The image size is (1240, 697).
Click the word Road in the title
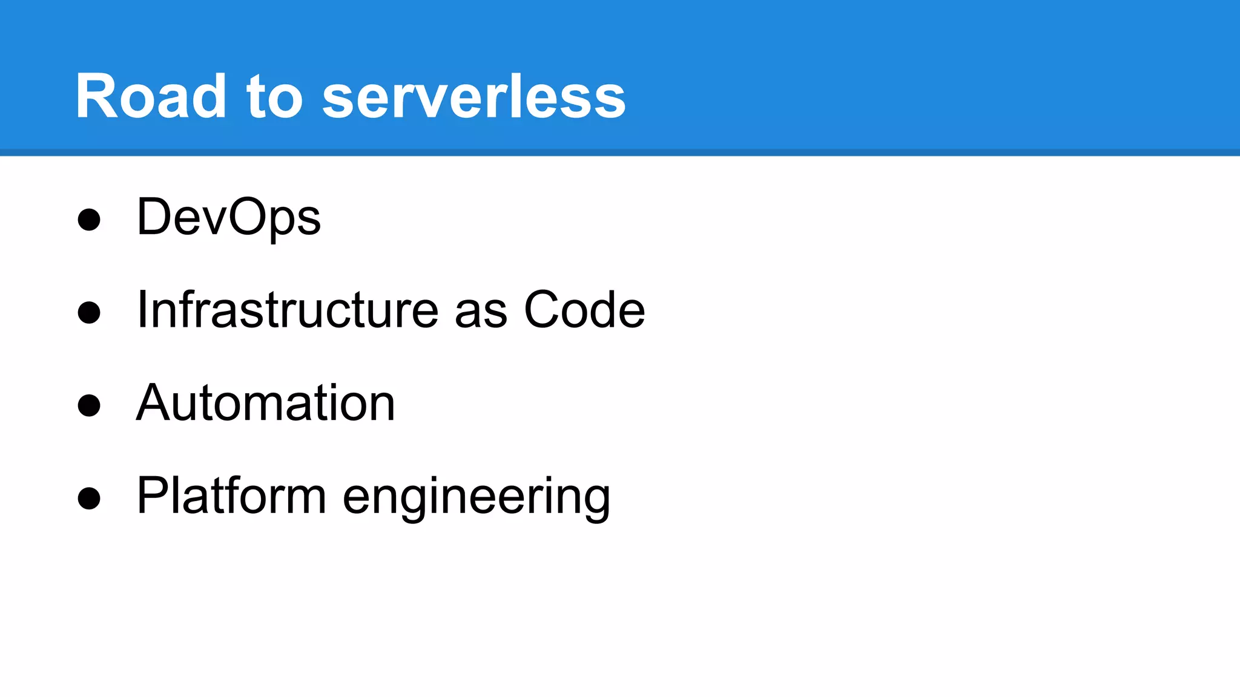click(x=151, y=96)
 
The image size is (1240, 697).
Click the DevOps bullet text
click(x=229, y=218)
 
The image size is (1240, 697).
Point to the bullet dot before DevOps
click(x=89, y=220)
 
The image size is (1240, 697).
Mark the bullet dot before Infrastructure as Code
click(x=89, y=313)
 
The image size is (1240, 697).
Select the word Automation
click(x=266, y=403)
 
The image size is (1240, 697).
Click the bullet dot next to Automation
click(x=89, y=405)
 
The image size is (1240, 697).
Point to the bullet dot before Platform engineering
click(x=89, y=499)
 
